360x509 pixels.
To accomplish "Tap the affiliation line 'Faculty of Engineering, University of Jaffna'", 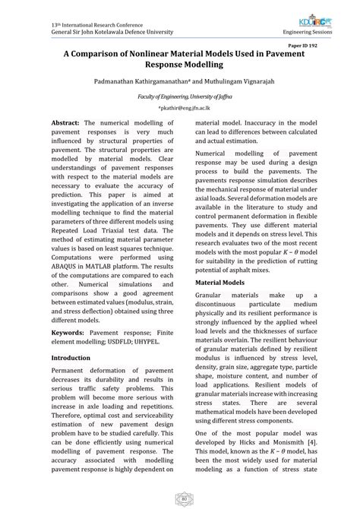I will click(x=180, y=98).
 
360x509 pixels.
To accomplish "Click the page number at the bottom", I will click(x=180, y=498).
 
